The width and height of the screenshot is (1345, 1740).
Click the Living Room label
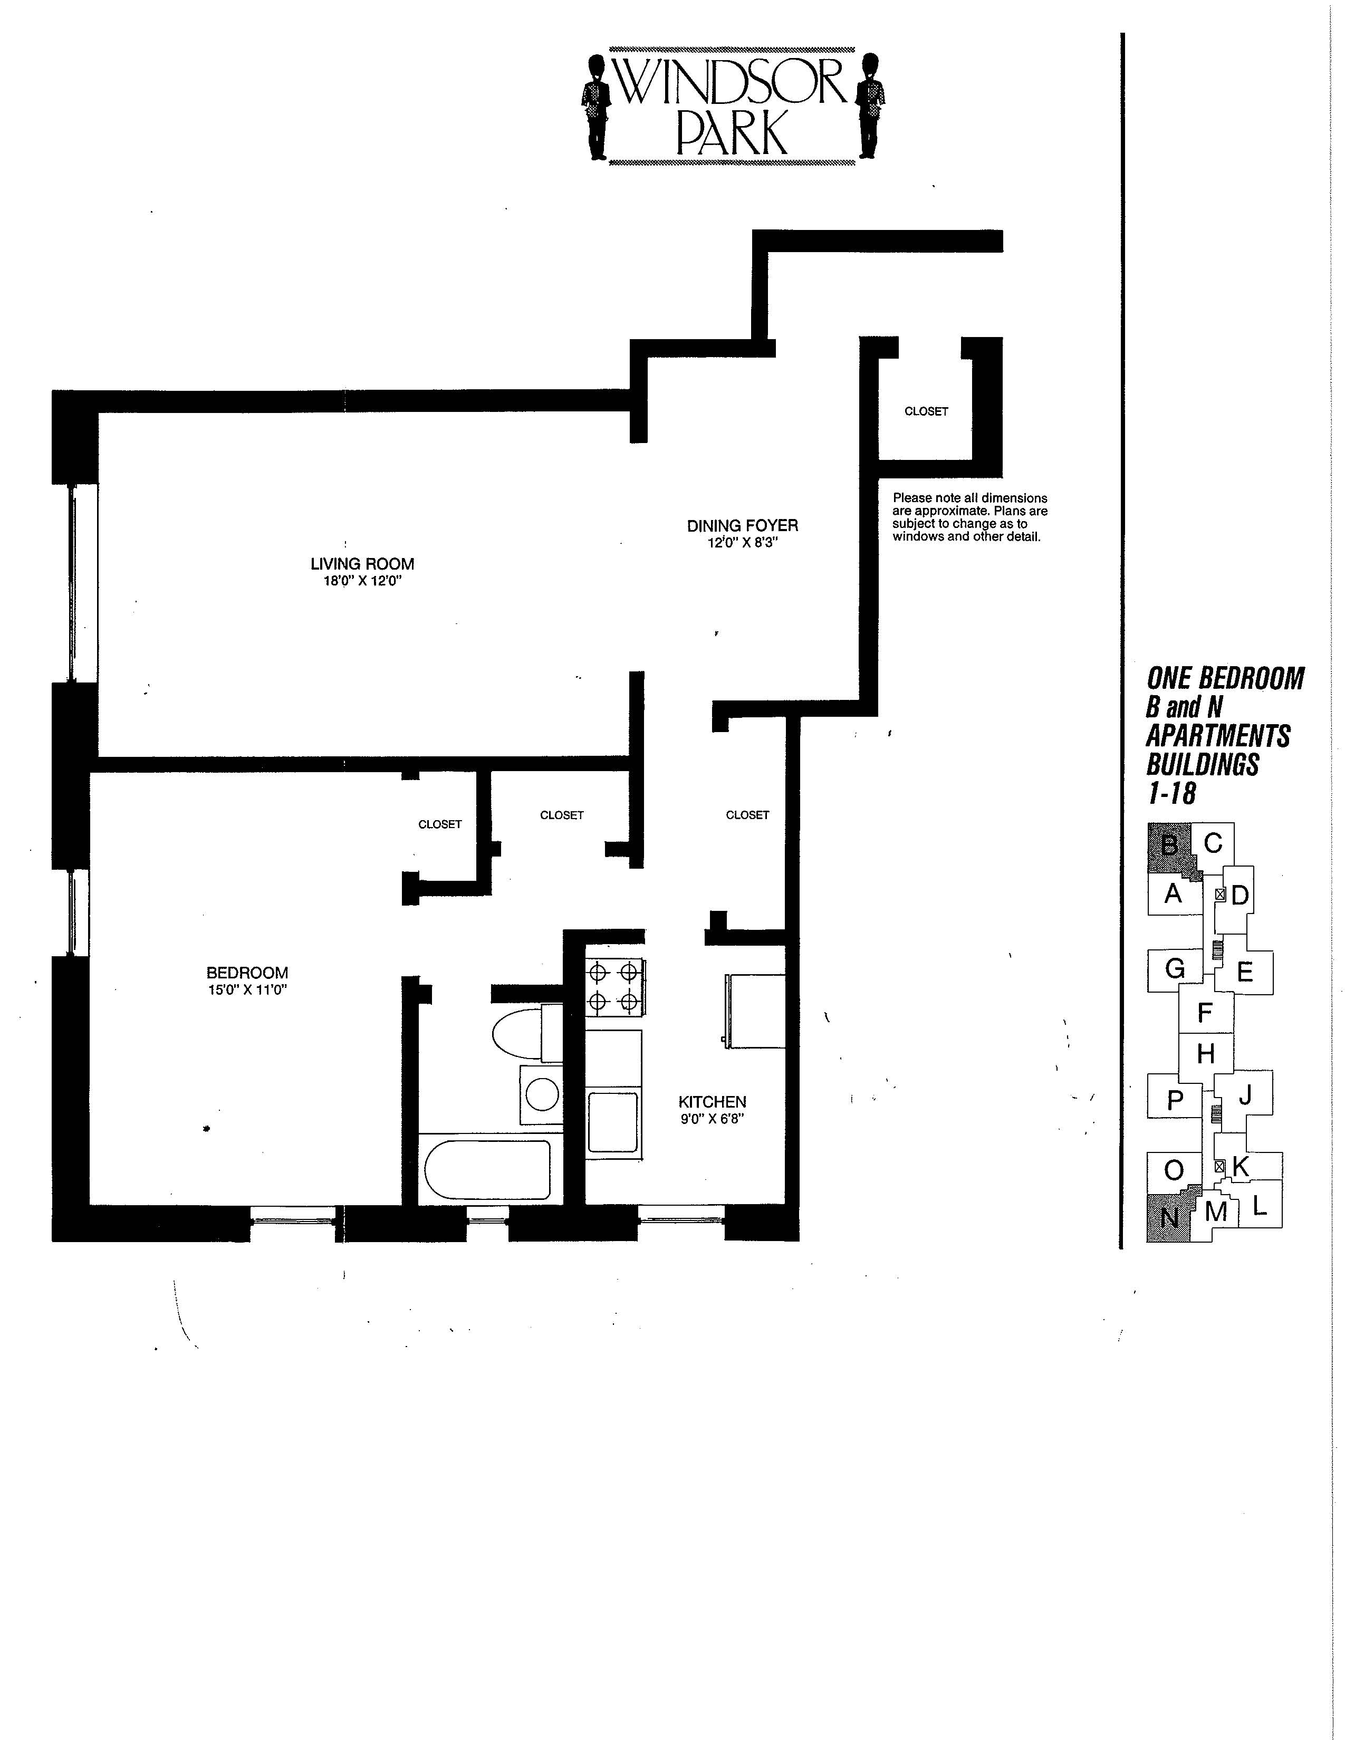[362, 563]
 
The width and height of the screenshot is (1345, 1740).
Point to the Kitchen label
[713, 1102]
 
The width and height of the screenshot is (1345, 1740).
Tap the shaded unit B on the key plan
[1170, 848]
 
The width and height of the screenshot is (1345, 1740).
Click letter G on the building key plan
[1175, 969]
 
